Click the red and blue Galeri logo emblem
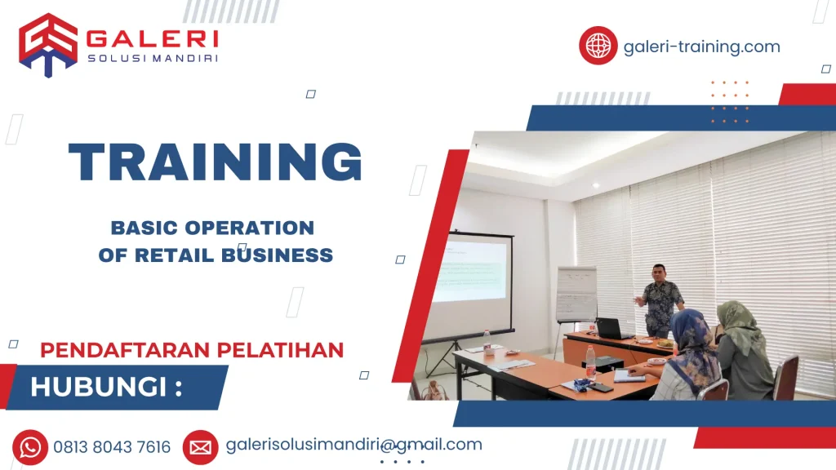pyautogui.click(x=48, y=44)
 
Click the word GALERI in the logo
pyautogui.click(x=152, y=38)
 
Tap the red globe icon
pyautogui.click(x=598, y=45)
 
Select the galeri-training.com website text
pyautogui.click(x=701, y=47)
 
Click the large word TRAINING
pyautogui.click(x=215, y=162)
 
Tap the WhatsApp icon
pyautogui.click(x=30, y=447)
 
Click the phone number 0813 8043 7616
pyautogui.click(x=112, y=447)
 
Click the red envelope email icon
pyautogui.click(x=200, y=447)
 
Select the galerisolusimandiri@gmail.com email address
pyautogui.click(x=353, y=445)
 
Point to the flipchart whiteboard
pyautogui.click(x=576, y=294)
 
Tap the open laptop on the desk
pyautogui.click(x=611, y=329)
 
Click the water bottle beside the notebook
pyautogui.click(x=590, y=361)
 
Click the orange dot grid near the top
pyautogui.click(x=729, y=102)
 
